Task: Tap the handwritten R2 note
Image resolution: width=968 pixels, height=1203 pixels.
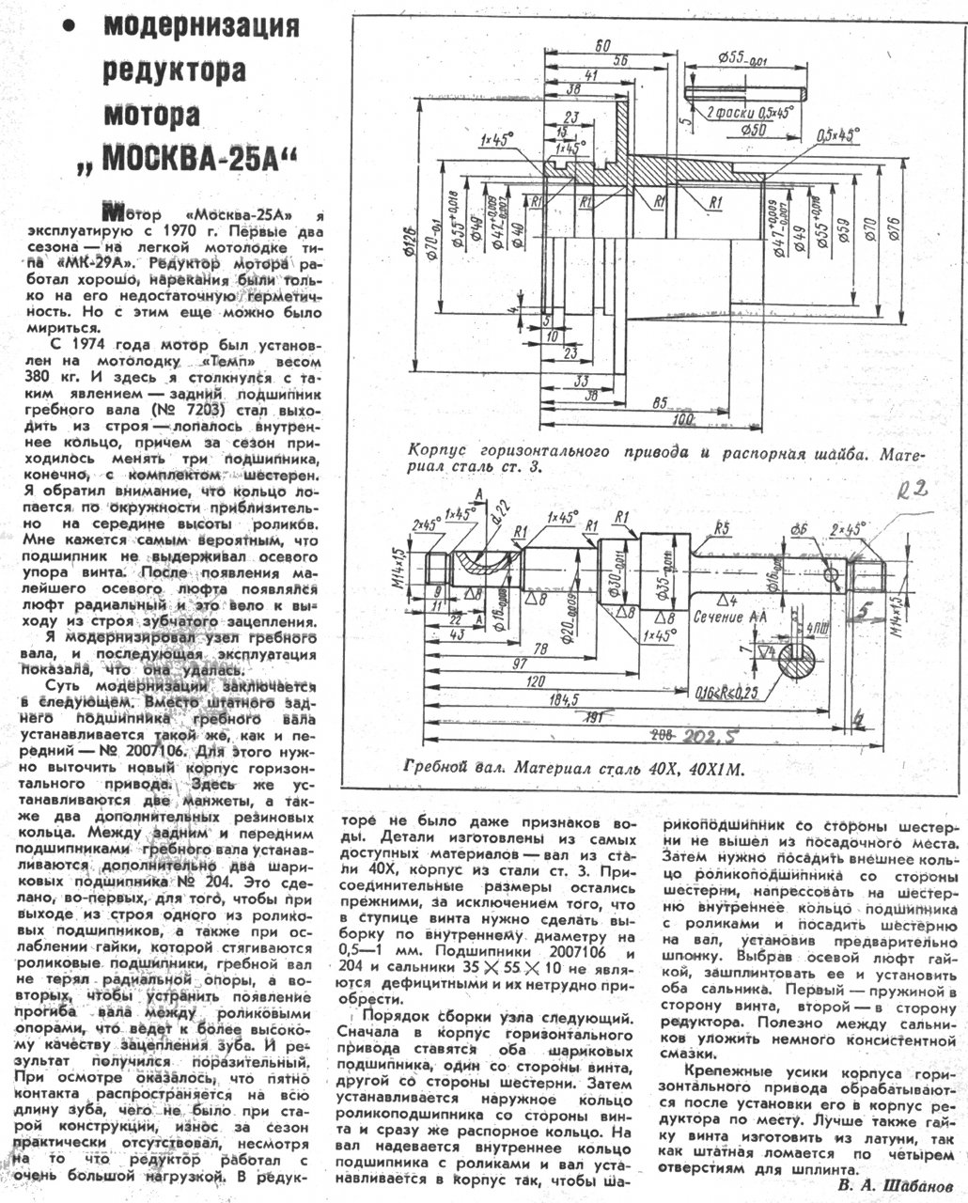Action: click(x=911, y=489)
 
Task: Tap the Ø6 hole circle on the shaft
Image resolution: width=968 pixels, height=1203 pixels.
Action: click(x=831, y=574)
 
